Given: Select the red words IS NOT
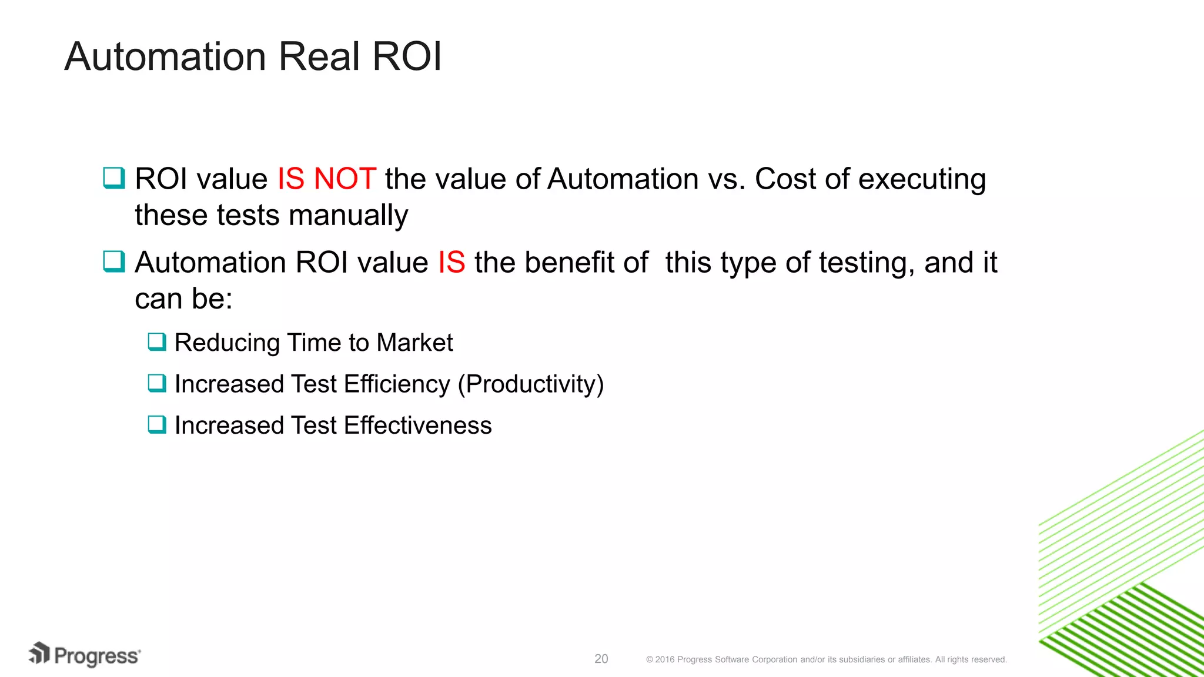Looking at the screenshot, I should [x=326, y=179].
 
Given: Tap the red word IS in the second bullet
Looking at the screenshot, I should [x=451, y=262].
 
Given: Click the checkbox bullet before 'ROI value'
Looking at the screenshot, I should [x=114, y=177].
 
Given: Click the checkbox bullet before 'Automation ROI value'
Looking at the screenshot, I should [x=114, y=261].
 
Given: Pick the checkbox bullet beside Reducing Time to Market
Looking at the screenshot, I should [x=157, y=341].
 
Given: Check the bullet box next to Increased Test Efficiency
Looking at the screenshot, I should [x=157, y=383].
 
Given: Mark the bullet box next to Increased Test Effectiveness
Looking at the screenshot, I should [x=157, y=424].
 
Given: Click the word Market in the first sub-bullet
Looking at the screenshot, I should [x=414, y=343].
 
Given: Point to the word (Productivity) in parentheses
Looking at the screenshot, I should [x=531, y=384].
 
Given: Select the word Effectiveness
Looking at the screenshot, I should [x=417, y=425].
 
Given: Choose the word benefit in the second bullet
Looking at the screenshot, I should [x=586, y=262].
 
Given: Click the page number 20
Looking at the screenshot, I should [x=601, y=659].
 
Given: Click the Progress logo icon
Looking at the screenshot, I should [x=39, y=653].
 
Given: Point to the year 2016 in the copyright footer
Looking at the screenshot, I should [x=665, y=659].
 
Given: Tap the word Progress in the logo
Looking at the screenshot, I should [x=97, y=656].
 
